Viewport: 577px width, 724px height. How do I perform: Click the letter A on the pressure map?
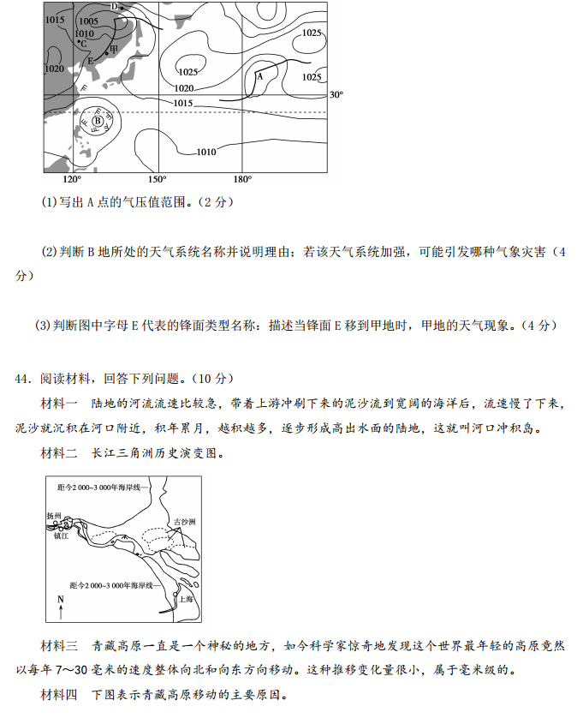pos(259,76)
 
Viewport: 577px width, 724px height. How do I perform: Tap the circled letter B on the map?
pos(98,121)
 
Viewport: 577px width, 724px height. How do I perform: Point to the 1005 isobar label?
pos(88,21)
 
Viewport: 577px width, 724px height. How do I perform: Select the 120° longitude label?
pos(72,179)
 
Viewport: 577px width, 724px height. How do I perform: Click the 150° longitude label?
pos(158,179)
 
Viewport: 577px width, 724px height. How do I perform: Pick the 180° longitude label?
pos(242,179)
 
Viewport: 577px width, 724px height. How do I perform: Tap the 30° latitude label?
pos(336,94)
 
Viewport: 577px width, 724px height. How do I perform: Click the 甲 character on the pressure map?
pos(114,50)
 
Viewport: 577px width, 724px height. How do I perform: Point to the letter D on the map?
pos(115,7)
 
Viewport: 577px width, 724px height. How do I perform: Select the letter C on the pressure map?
pos(84,45)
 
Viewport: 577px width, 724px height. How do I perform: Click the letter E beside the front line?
pos(91,61)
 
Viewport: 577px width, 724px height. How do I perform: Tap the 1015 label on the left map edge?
pos(55,20)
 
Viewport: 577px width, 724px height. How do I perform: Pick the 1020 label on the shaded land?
pos(55,69)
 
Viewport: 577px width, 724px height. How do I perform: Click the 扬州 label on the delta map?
pos(53,516)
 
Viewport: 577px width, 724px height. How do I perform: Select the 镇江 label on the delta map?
pos(61,536)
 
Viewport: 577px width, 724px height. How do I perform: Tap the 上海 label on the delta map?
pos(186,599)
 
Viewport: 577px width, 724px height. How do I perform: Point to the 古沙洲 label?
pos(185,522)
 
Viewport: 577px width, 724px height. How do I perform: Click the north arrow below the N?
pos(61,612)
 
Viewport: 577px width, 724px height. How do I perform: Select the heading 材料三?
pos(59,645)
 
